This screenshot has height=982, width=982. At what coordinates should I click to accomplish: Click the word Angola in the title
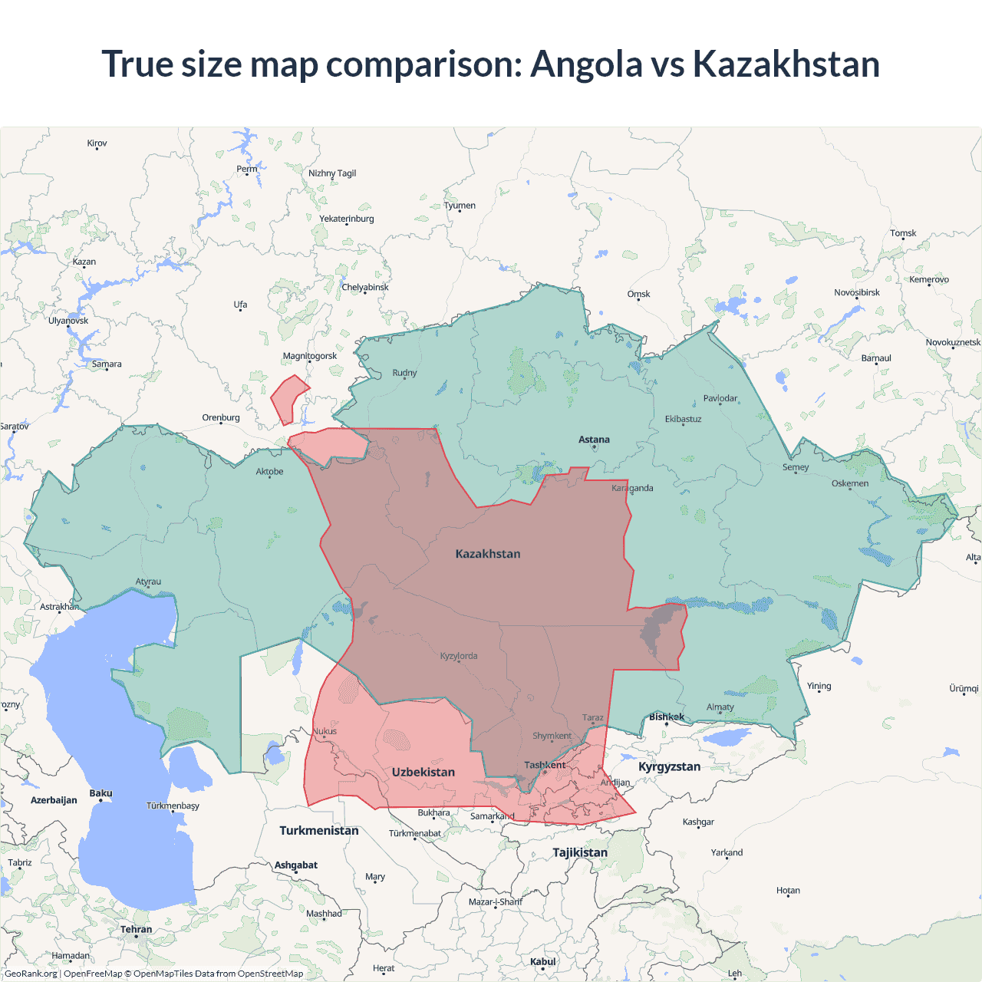(x=586, y=64)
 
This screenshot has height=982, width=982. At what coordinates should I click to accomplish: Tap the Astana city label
(x=594, y=440)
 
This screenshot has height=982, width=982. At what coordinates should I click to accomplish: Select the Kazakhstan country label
(x=488, y=554)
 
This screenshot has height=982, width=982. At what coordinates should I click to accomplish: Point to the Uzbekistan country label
(x=423, y=772)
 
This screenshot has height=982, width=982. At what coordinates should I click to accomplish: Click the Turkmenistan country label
(x=318, y=830)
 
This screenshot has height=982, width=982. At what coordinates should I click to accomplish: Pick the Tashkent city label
(x=545, y=765)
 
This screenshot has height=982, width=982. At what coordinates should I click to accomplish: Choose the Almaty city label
(x=720, y=707)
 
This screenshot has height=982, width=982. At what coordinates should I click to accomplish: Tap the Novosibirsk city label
(x=857, y=292)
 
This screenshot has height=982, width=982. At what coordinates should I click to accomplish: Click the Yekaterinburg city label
(x=347, y=219)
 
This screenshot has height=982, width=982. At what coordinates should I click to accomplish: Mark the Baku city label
(x=101, y=793)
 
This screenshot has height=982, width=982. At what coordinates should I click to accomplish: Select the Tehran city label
(x=136, y=929)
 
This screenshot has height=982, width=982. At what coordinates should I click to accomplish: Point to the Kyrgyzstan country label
(x=669, y=766)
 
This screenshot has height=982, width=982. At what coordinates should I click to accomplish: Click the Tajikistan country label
(x=580, y=852)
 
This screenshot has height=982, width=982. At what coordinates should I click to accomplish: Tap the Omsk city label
(x=638, y=294)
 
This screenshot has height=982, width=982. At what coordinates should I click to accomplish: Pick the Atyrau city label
(x=148, y=582)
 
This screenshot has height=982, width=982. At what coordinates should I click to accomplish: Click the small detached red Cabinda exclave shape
(x=288, y=397)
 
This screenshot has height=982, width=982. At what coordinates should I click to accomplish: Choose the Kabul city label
(x=542, y=961)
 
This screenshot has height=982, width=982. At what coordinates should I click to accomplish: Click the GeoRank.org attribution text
(x=31, y=974)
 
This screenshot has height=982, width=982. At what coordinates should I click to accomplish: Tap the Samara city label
(x=107, y=364)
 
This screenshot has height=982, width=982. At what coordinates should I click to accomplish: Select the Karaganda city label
(x=632, y=488)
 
